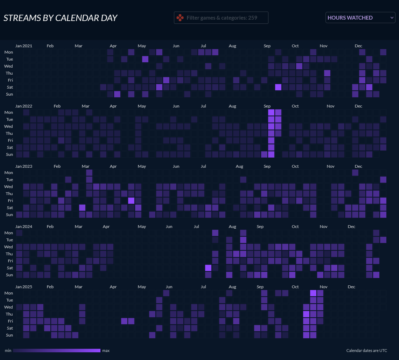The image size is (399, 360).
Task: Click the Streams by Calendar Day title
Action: (x=60, y=18)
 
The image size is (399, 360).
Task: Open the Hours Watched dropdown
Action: (x=360, y=18)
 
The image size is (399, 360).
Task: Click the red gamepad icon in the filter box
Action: (x=180, y=18)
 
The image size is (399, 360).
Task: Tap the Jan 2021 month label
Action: (x=24, y=46)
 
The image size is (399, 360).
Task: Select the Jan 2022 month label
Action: (x=24, y=106)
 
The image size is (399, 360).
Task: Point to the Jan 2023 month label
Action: (x=24, y=166)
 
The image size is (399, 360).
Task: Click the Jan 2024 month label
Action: (x=24, y=227)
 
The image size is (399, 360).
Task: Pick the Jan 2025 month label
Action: (x=24, y=287)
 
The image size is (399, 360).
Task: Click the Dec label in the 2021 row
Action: (x=358, y=46)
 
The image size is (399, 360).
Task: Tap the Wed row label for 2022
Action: (x=8, y=126)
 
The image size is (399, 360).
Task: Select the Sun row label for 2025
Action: (x=9, y=335)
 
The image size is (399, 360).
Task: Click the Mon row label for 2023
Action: (x=8, y=173)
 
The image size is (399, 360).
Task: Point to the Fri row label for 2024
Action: (x=10, y=261)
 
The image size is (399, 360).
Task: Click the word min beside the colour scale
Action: (x=8, y=351)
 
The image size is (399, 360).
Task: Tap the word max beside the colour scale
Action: (x=106, y=351)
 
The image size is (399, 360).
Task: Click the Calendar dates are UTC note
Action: (x=366, y=351)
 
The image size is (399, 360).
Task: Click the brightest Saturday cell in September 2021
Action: (x=278, y=87)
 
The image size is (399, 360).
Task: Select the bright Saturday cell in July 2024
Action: (x=208, y=268)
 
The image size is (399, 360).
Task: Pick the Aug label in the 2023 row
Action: (x=239, y=166)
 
